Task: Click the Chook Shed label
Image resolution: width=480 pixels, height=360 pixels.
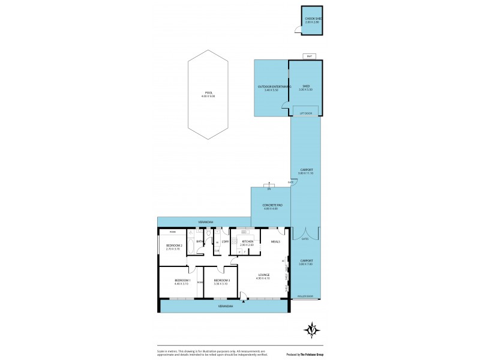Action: pos(313,19)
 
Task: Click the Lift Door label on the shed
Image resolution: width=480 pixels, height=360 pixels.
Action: pos(306,113)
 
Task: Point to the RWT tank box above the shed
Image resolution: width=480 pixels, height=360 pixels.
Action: pos(309,56)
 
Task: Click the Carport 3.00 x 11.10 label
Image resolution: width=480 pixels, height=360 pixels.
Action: pos(306,170)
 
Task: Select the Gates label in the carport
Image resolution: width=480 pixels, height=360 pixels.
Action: pos(305,238)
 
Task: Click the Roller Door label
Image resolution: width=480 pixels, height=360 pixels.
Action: pos(305,296)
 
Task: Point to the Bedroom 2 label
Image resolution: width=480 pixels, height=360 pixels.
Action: pos(174,246)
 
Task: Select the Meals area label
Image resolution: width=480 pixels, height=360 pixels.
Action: pos(275,241)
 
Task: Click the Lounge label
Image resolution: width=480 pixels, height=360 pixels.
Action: pos(263,275)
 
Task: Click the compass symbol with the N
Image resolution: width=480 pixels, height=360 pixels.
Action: pos(311,330)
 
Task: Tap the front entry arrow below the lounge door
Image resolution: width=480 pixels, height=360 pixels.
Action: pos(243,302)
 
